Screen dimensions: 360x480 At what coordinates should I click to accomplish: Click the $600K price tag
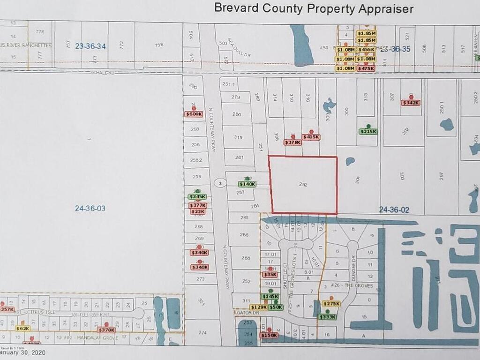click(194, 114)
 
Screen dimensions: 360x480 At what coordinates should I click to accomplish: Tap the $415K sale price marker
click(311, 137)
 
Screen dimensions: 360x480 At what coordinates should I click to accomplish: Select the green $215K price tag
click(368, 131)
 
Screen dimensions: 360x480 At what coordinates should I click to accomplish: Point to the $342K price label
click(411, 103)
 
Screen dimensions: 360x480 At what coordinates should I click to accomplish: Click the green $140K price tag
click(247, 184)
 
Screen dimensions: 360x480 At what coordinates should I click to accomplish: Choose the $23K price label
click(198, 211)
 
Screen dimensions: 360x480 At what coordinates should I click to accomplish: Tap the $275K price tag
click(331, 304)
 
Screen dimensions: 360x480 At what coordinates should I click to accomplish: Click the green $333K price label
click(327, 317)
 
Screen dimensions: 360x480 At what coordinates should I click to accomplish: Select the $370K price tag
click(106, 330)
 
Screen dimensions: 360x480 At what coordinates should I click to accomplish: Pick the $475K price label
click(366, 68)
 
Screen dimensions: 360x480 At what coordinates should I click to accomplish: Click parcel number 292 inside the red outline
click(303, 185)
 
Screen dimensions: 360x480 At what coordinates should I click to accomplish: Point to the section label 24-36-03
click(90, 208)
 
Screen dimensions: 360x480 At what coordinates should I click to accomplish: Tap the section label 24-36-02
click(394, 210)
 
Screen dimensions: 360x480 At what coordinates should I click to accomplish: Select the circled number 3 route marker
click(219, 183)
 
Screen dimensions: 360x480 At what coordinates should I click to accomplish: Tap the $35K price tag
click(270, 275)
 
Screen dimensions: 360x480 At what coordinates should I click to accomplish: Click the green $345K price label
click(197, 196)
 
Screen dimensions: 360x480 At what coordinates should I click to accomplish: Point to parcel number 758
click(159, 45)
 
